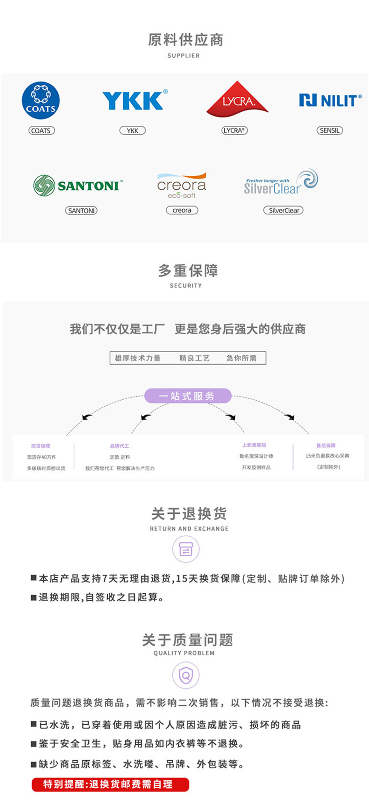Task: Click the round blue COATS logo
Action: click(41, 101)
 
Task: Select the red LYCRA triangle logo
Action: click(237, 100)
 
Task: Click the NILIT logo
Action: click(330, 100)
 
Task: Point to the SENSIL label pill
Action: click(330, 130)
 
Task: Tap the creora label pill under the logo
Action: click(182, 210)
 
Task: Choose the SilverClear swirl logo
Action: click(281, 183)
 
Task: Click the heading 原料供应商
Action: click(185, 40)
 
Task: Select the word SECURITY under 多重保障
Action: click(185, 286)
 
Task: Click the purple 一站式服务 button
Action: click(187, 396)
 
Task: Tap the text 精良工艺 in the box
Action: click(194, 358)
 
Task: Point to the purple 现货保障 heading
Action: click(41, 446)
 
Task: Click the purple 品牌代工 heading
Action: click(120, 446)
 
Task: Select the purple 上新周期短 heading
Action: click(254, 445)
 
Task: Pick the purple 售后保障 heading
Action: click(326, 446)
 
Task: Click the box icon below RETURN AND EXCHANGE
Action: click(186, 549)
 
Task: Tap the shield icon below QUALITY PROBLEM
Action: click(186, 675)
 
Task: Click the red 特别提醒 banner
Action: click(110, 784)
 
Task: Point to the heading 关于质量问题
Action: click(187, 640)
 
